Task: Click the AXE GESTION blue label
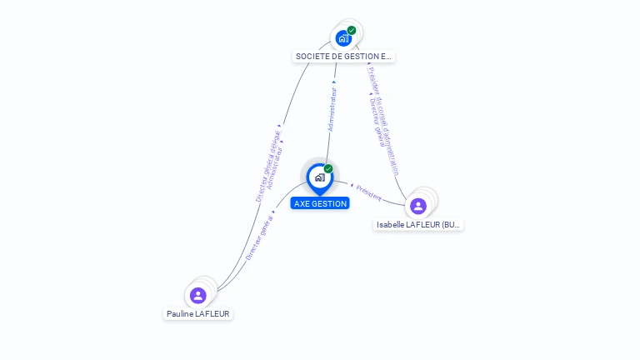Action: [x=320, y=203]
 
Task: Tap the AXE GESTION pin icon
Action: [x=319, y=177]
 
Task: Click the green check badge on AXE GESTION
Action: [x=328, y=168]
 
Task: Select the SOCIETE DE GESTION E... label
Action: [x=343, y=57]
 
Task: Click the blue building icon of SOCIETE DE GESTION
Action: [x=342, y=38]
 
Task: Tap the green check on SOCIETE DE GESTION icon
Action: [x=352, y=30]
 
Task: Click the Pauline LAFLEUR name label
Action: [x=197, y=314]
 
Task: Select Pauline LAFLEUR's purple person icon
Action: [x=197, y=295]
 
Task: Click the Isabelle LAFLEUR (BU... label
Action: [x=418, y=225]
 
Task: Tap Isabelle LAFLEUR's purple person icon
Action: [x=418, y=206]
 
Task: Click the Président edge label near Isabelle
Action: [x=369, y=194]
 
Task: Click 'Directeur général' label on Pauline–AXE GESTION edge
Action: [x=259, y=238]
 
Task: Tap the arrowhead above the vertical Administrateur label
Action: [x=335, y=82]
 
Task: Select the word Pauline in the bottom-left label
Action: [x=180, y=314]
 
